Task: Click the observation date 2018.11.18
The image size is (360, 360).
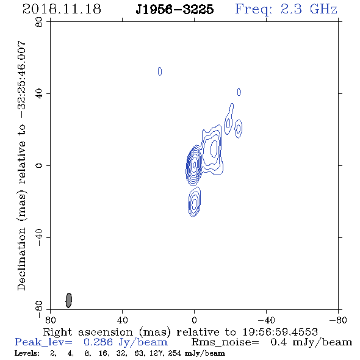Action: click(x=62, y=9)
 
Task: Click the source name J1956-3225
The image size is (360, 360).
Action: click(x=175, y=9)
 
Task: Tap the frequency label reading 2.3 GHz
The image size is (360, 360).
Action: click(x=309, y=9)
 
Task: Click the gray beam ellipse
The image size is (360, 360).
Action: click(x=69, y=300)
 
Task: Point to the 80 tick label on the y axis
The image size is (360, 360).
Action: click(x=39, y=22)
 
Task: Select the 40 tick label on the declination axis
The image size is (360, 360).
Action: click(x=39, y=94)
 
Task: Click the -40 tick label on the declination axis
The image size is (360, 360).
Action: click(x=39, y=237)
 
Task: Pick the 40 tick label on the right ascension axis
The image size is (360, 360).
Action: click(x=122, y=320)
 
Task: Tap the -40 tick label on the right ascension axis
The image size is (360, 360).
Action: click(x=266, y=320)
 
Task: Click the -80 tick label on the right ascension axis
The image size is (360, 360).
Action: click(x=338, y=320)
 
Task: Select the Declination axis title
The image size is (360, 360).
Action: click(x=21, y=165)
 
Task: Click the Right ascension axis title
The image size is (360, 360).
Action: click(x=180, y=332)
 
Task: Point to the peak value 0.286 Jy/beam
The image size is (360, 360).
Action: click(x=125, y=342)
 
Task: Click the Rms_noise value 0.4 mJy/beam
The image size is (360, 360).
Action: click(x=311, y=342)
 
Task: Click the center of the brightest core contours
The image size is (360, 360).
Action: click(x=195, y=164)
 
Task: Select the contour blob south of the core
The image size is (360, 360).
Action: click(x=194, y=202)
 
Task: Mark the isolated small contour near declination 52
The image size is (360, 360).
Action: click(x=160, y=71)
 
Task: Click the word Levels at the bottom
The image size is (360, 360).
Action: click(x=27, y=353)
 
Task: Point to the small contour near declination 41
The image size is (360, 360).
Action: click(x=239, y=92)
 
